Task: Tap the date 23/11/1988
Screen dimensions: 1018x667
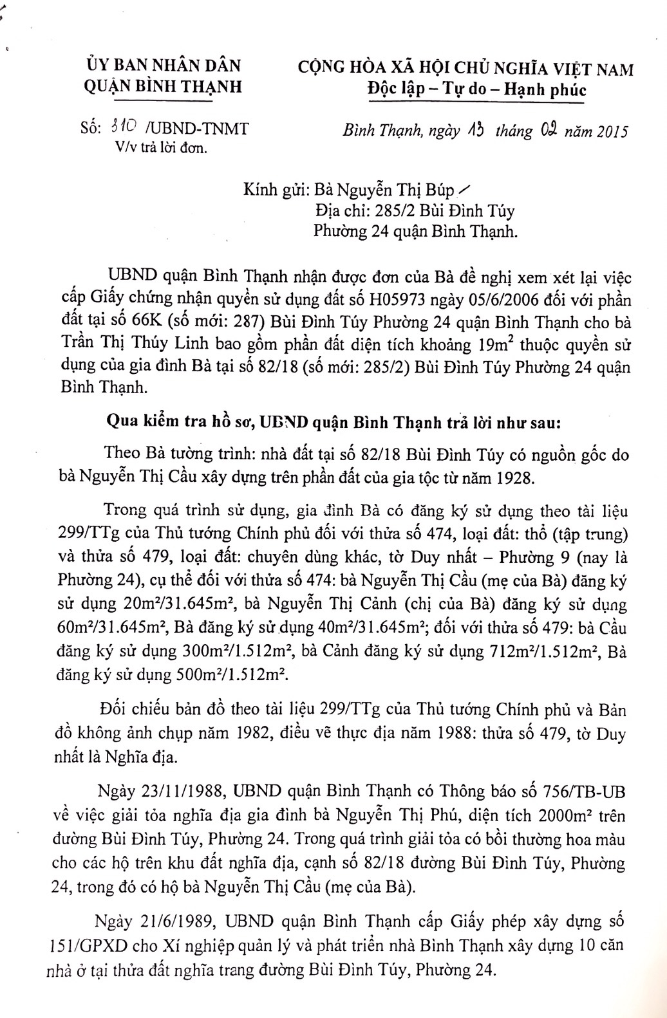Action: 159,790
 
